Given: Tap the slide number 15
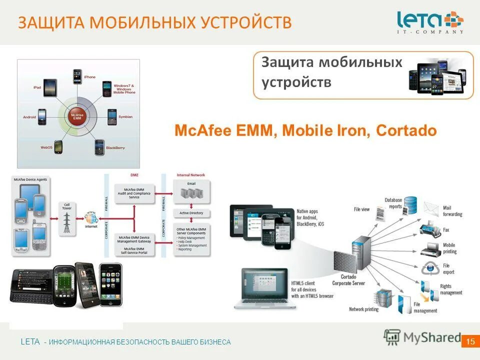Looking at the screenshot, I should point(469,341).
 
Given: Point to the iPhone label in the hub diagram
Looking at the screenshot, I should point(89,77).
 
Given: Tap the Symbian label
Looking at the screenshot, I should point(125,116).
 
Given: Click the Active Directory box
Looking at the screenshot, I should point(191,213).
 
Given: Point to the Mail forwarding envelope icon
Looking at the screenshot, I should point(431,208).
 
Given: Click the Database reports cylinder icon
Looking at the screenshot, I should point(410,203).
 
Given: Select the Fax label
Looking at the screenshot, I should point(446,230).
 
